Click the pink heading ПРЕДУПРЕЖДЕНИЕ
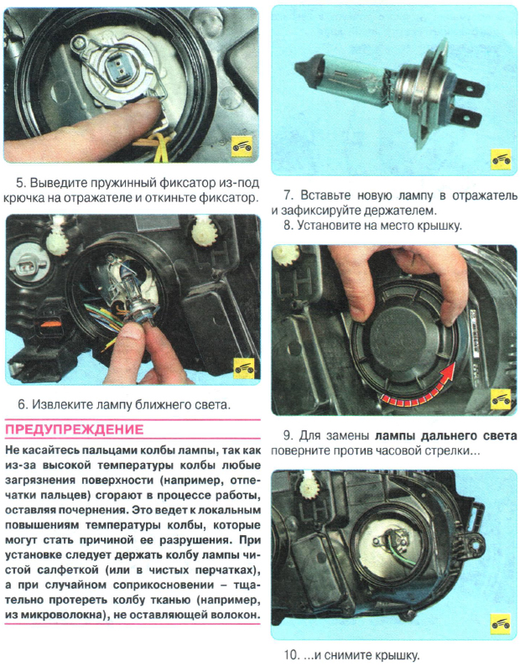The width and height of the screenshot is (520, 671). click(x=75, y=429)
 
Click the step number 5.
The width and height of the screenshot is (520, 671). click(x=20, y=183)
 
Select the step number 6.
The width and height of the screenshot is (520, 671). click(x=22, y=404)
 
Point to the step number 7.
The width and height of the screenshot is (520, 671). click(x=288, y=195)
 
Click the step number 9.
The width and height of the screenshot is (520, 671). click(x=288, y=435)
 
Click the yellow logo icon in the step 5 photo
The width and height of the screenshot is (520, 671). click(x=242, y=148)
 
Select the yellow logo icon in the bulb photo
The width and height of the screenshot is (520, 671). click(x=501, y=159)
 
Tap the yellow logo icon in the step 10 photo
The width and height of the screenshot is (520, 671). click(x=501, y=624)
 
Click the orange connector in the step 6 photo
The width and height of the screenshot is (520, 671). click(x=50, y=324)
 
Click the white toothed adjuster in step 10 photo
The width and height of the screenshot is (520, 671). click(x=308, y=486)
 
